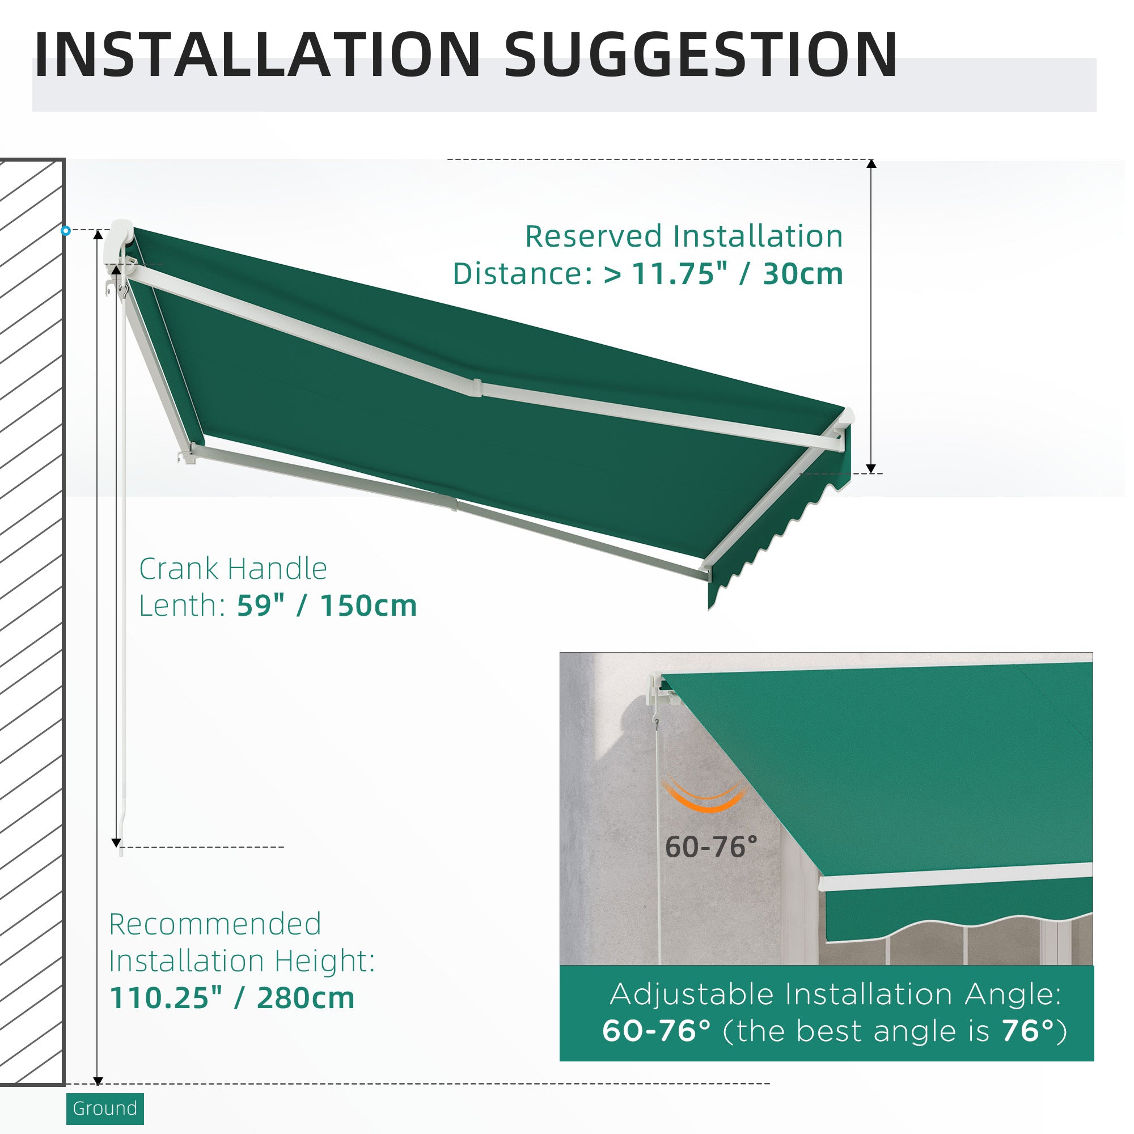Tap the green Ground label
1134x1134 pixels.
pos(105,1108)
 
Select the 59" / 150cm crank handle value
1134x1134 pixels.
pos(327,605)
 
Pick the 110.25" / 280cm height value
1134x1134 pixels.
pos(232,998)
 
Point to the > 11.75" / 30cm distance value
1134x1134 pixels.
pos(723,273)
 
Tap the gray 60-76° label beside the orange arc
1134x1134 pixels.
pos(712,847)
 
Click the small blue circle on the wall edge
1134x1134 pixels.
pos(66,231)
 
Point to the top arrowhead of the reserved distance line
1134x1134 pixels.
pos(871,164)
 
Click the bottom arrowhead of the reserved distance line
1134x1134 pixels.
pos(871,468)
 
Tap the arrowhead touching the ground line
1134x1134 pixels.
pos(99,1081)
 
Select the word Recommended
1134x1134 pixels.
pos(215,924)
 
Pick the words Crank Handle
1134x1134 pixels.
pos(233,568)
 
